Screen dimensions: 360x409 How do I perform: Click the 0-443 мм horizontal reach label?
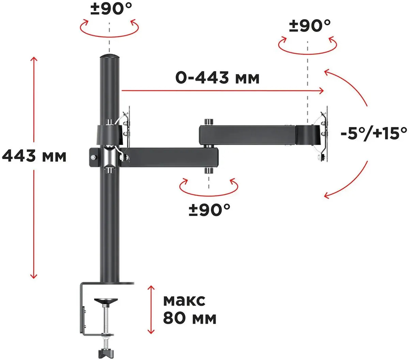click(x=217, y=77)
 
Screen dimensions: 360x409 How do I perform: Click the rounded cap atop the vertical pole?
click(x=109, y=56)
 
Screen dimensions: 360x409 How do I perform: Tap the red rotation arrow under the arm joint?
click(x=209, y=187)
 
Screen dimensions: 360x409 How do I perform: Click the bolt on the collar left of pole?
click(x=94, y=156)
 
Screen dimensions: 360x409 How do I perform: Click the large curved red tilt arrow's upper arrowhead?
click(x=328, y=72)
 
